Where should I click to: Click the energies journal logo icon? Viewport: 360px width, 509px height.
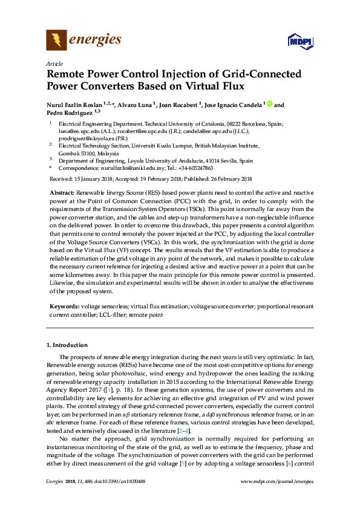coord(56,41)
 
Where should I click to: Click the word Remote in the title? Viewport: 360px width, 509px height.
coord(67,74)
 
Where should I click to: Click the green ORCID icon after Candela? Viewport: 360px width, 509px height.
coord(269,104)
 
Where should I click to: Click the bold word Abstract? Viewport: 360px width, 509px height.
coord(62,191)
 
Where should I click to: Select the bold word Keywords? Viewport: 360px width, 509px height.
coord(64,306)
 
